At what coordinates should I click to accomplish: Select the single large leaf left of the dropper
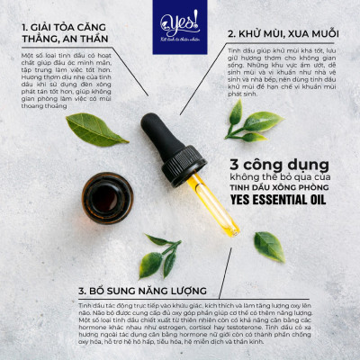(x=96, y=129)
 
